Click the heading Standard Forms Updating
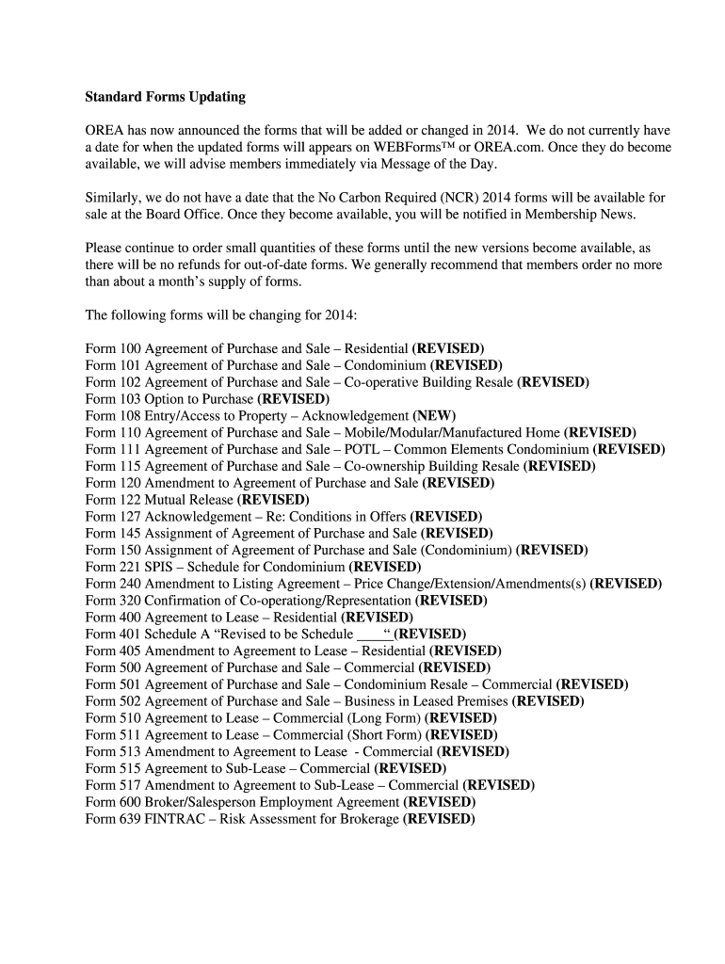coord(165,96)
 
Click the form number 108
coord(129,416)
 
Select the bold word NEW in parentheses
coord(434,416)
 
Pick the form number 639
coord(129,819)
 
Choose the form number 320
coord(129,601)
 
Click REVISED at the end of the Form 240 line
coord(625,584)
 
